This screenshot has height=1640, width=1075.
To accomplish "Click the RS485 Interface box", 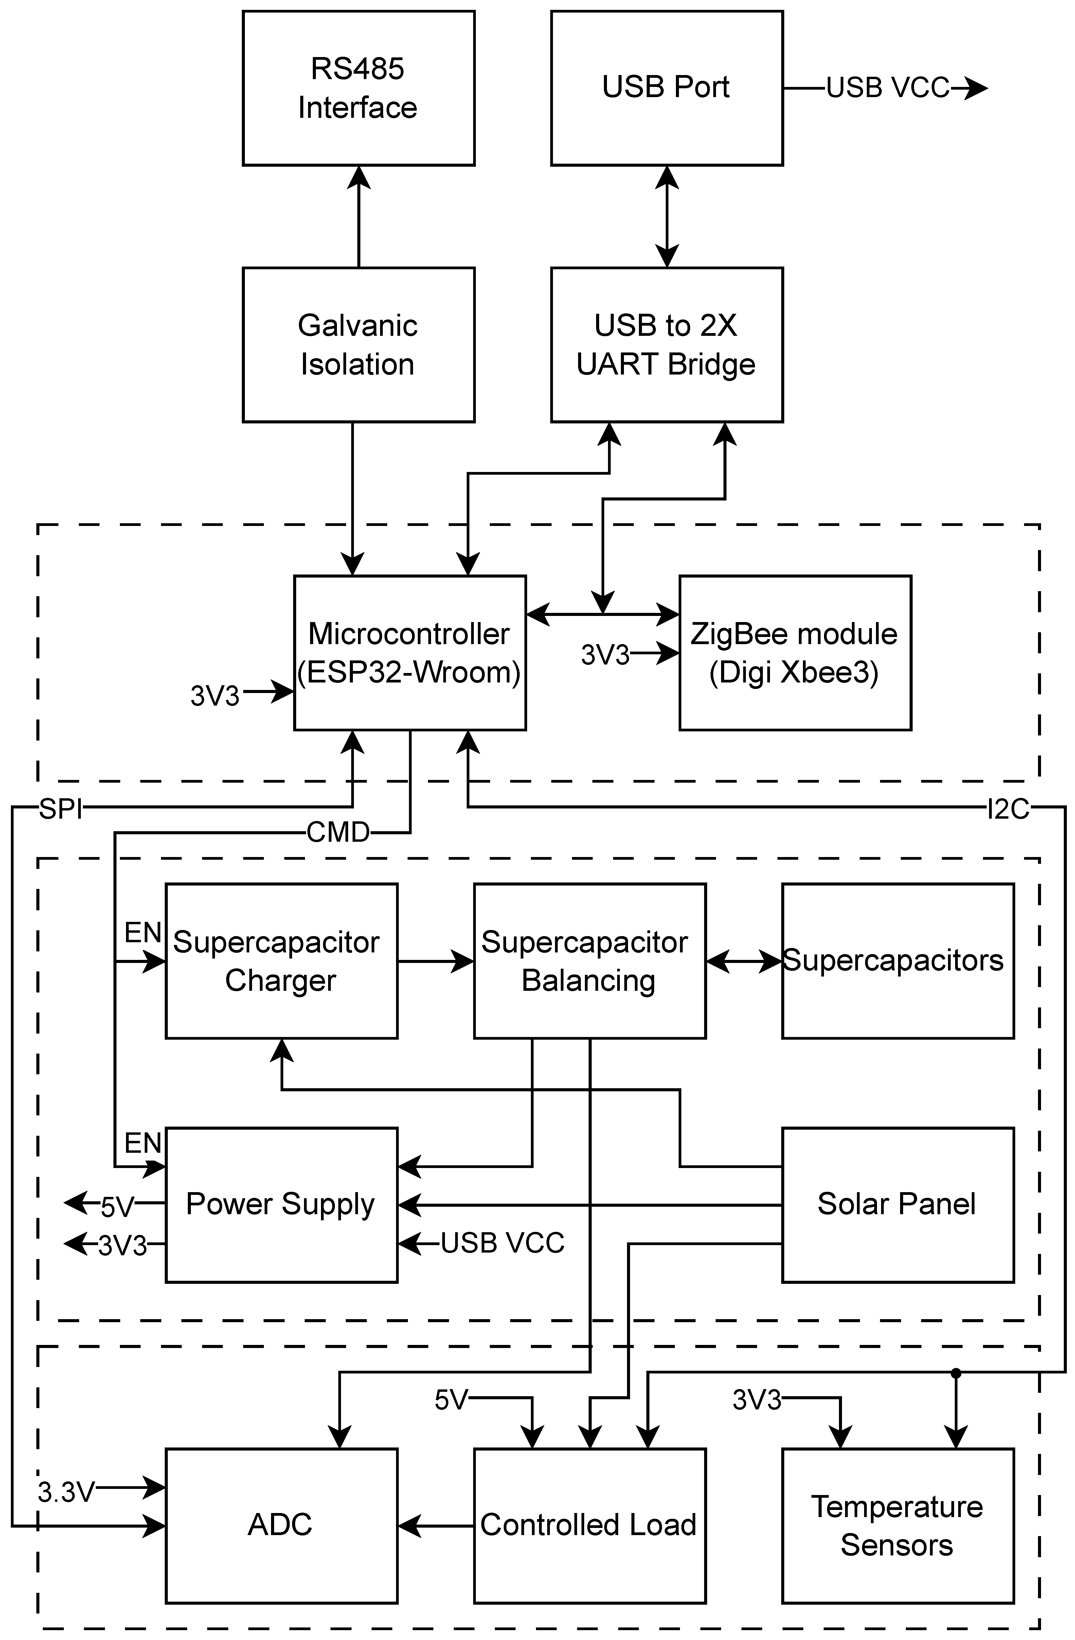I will click(358, 88).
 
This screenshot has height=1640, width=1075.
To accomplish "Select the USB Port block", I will click(666, 88).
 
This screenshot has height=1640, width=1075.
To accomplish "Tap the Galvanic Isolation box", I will click(358, 345).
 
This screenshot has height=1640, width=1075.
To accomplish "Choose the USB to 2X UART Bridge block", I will click(666, 345).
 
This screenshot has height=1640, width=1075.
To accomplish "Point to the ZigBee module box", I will click(795, 653).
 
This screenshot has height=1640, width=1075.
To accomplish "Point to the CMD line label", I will click(338, 833).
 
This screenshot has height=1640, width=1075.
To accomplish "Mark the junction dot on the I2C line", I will click(955, 1373).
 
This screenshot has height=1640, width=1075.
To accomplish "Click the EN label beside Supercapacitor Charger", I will click(143, 933).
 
